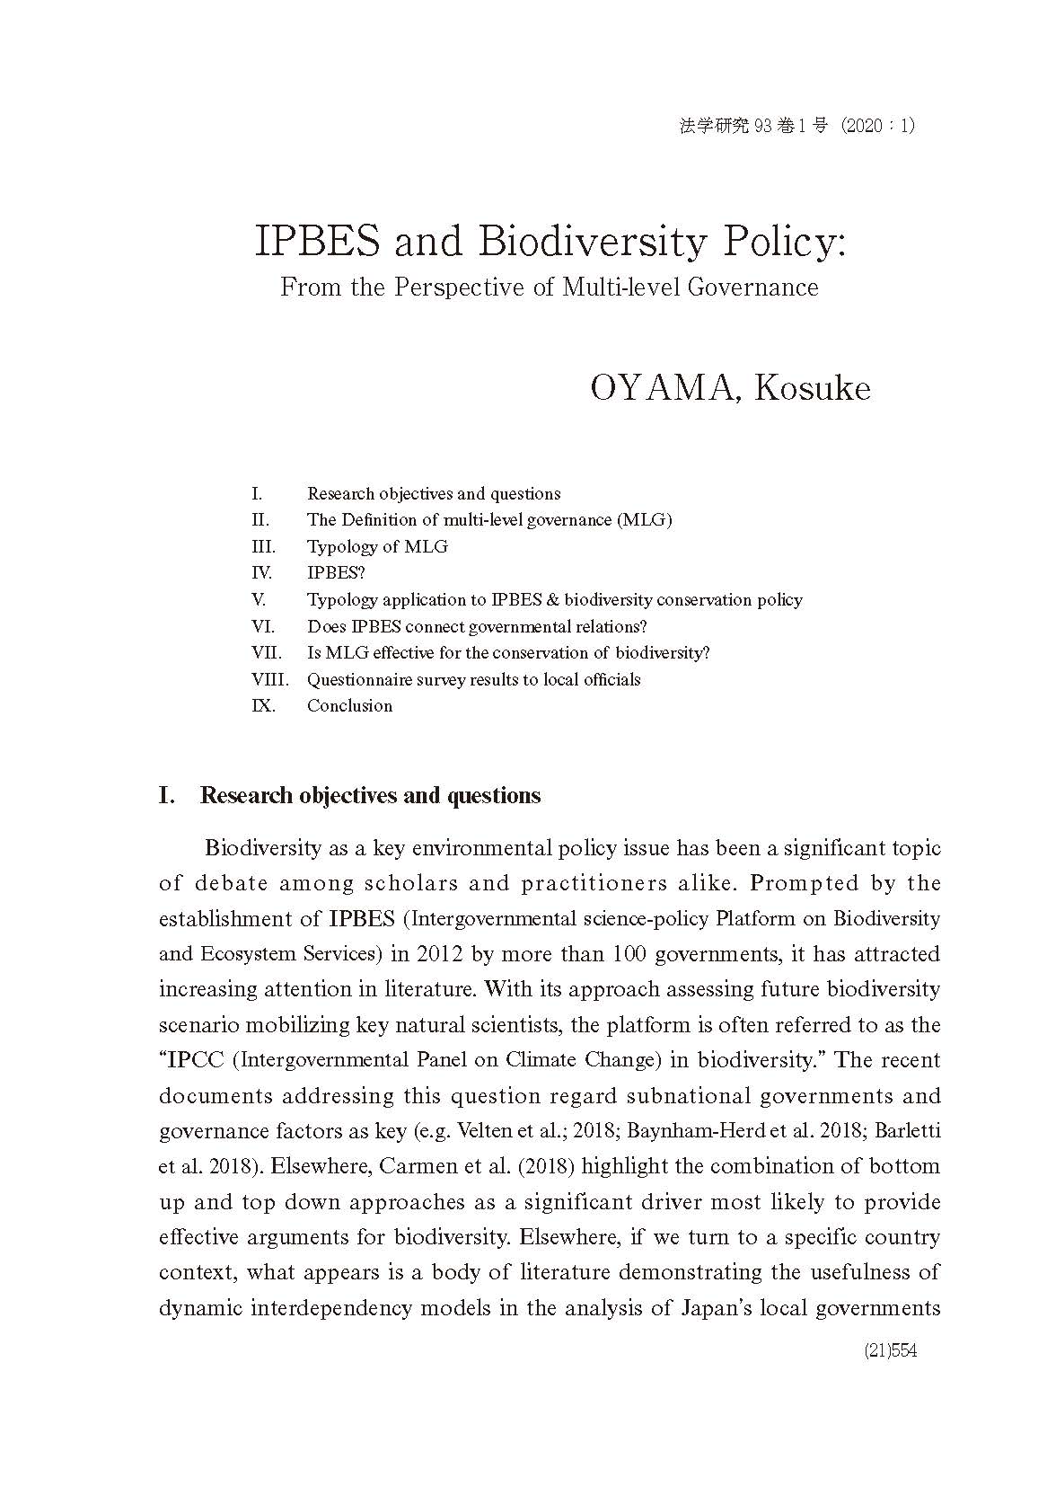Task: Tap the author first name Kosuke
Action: tap(813, 388)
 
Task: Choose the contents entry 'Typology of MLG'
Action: tap(377, 546)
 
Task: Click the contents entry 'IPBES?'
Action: tap(336, 573)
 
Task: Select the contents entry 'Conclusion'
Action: tap(349, 706)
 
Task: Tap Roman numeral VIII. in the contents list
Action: tap(270, 679)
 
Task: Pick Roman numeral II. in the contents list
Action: tap(260, 520)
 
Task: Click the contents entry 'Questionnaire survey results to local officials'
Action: tap(473, 679)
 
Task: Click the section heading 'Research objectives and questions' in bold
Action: tap(370, 796)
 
